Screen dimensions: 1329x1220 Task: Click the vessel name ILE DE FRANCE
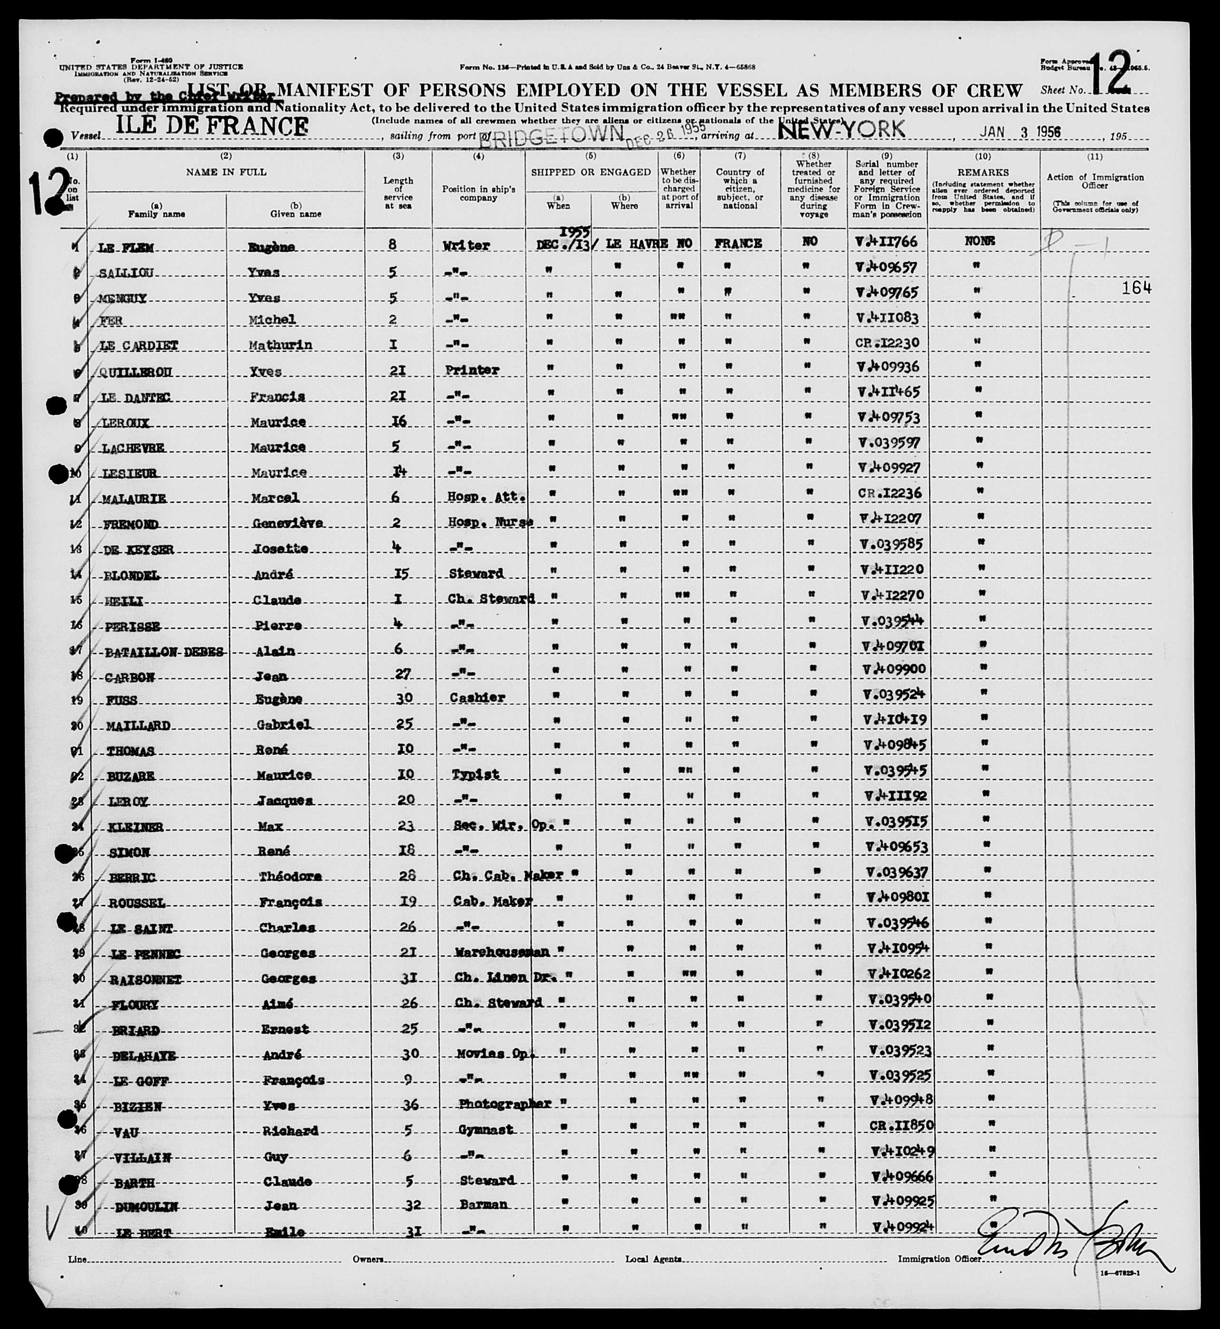[x=211, y=126]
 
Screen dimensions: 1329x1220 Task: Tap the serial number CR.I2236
[x=888, y=493]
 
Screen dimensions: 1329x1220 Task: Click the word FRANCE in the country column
[x=738, y=243]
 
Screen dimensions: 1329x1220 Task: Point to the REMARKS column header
[x=983, y=172]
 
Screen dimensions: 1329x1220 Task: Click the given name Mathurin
[x=286, y=345]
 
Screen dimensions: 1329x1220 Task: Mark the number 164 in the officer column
[x=1135, y=287]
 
